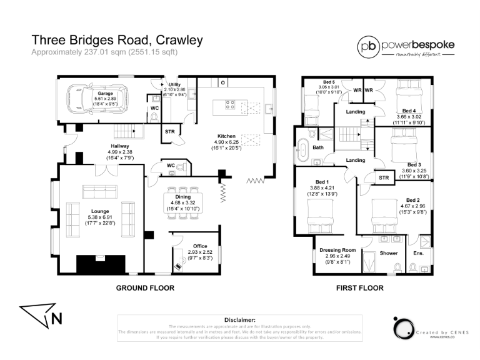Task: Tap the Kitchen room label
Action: pos(226,136)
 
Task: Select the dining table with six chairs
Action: pos(183,203)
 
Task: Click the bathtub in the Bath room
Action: pos(306,148)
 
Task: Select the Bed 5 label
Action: pos(329,82)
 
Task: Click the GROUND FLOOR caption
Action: pos(144,288)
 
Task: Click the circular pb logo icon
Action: pos(367,46)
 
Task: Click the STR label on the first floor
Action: pos(384,178)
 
